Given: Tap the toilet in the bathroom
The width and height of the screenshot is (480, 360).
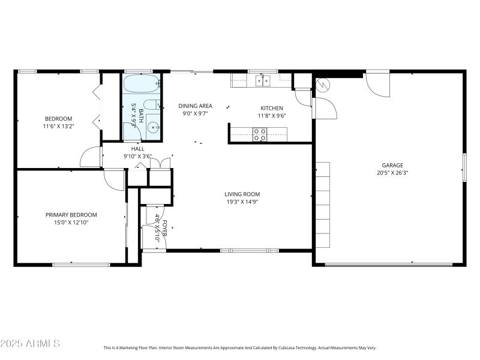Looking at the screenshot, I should (152, 103).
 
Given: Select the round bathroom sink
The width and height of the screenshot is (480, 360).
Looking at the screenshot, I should (154, 127).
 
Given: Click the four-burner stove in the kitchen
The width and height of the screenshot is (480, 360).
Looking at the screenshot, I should (260, 135).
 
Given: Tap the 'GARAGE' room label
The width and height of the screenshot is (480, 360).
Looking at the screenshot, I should (392, 166).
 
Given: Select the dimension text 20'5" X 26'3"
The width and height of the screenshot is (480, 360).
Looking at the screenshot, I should (392, 173).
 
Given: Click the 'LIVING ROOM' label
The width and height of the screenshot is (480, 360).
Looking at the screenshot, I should (242, 194).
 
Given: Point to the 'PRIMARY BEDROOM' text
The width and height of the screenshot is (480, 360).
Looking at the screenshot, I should (71, 215).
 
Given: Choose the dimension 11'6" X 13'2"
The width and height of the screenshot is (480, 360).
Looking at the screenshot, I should (58, 126).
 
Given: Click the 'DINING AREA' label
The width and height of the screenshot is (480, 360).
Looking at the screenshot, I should (195, 106).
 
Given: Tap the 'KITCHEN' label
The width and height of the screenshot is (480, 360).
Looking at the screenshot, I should (271, 109).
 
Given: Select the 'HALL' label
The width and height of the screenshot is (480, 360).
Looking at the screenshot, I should (137, 149).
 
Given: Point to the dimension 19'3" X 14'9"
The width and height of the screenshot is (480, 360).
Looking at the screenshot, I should (242, 202).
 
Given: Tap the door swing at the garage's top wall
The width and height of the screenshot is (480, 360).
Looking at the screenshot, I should (377, 85).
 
